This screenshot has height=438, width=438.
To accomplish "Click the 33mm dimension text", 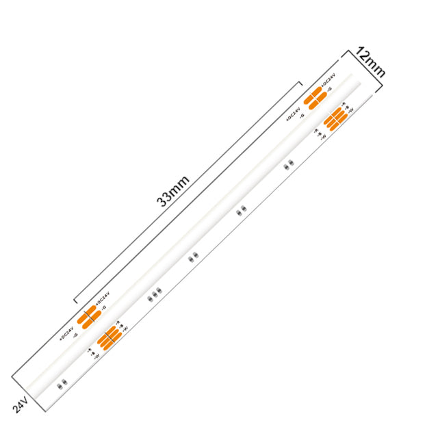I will point(172,190).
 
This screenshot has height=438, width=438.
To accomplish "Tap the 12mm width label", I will point(370,62).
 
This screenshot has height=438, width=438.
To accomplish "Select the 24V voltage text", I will point(21,404).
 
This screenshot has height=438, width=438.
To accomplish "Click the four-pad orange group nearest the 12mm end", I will point(314,99).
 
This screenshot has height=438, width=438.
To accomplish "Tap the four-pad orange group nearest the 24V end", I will point(88,319).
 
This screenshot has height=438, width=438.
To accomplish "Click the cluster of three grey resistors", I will point(155,294).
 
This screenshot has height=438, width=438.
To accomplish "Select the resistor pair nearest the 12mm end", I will point(289,164).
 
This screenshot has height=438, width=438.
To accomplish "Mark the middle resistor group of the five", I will point(193,257).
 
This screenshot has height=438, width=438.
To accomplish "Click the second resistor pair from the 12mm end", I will point(240,211).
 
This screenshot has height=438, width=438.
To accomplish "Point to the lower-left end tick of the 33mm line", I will point(75,301).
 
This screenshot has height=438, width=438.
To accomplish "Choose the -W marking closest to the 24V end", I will point(95,356).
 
